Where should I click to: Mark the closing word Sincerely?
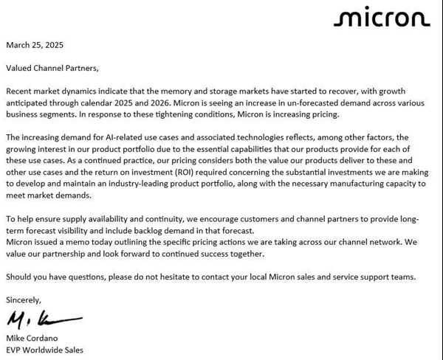24,300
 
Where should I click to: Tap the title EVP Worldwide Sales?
45,350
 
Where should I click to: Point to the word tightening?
191,114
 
